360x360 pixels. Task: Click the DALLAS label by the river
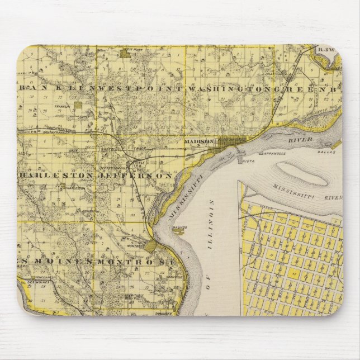point(326,151)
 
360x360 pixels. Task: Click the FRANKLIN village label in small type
point(61,106)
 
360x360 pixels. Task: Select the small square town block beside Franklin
point(78,105)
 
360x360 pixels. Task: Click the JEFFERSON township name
point(135,175)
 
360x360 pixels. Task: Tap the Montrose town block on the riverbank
point(150,246)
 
